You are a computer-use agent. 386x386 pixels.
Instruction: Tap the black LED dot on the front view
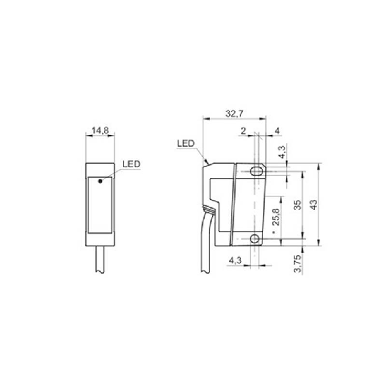100,180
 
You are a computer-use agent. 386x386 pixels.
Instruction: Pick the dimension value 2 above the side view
243,132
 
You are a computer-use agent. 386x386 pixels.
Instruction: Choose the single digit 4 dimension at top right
277,132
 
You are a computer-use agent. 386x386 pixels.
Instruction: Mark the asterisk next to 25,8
277,234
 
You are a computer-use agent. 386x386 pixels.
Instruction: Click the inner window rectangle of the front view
100,204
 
